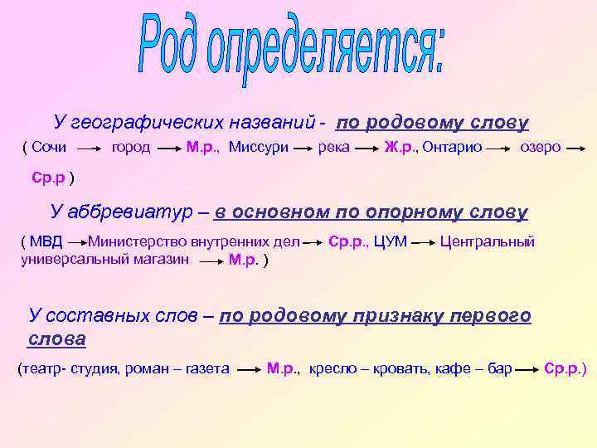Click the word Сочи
click(x=49, y=148)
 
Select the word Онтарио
click(x=452, y=148)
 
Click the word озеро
click(x=540, y=148)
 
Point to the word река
click(x=333, y=148)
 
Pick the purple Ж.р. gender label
click(x=399, y=148)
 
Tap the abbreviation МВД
click(x=45, y=242)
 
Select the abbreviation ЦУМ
click(x=389, y=242)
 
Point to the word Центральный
click(x=488, y=242)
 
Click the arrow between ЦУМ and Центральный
click(x=422, y=244)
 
